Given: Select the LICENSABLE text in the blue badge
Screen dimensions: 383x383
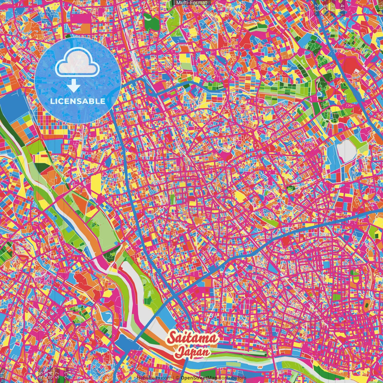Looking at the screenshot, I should coord(78,101).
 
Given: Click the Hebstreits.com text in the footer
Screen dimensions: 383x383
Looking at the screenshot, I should coord(153,378).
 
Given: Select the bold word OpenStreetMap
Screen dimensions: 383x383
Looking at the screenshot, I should coord(199,378).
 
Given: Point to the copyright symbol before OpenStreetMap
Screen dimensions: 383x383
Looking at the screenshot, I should coord(177,378).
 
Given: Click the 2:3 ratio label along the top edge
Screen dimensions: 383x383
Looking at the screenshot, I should coord(317,7).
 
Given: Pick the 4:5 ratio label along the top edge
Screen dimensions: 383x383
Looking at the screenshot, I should coord(342,7).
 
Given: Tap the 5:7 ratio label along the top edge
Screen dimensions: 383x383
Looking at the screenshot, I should coord(325,7).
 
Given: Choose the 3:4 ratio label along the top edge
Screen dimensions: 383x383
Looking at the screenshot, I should coord(333,7).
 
